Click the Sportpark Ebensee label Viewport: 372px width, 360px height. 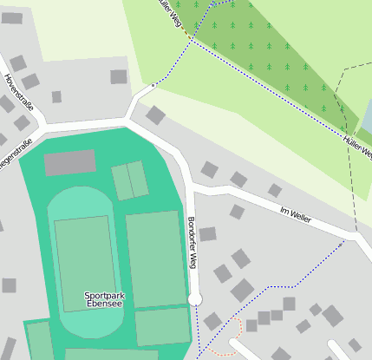point(104,300)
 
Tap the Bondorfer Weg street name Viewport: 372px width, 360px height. point(193,242)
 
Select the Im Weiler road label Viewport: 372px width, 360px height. point(296,213)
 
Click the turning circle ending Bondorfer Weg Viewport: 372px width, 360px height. point(195,299)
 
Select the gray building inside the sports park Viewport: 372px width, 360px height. point(70,162)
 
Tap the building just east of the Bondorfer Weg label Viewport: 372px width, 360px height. point(207,233)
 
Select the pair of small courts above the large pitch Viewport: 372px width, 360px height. point(130,180)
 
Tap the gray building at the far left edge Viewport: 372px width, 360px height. point(9,285)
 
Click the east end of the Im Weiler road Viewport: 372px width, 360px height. point(356,235)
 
